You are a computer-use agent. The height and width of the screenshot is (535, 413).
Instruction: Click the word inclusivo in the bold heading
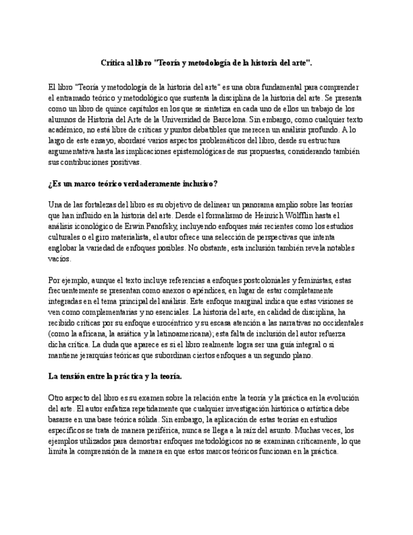(x=194, y=184)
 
